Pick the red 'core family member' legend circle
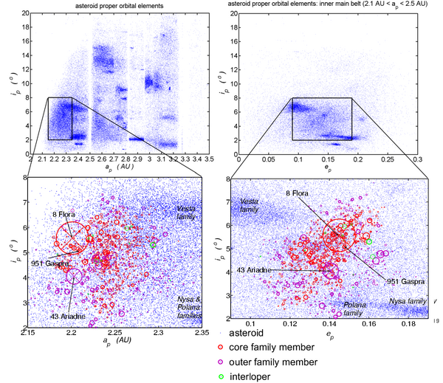pos(220,348)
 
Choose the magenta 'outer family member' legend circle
pos(220,362)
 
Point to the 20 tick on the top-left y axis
pos(24,14)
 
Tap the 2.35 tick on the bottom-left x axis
pos(200,334)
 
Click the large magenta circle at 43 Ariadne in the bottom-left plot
pos(73,277)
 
